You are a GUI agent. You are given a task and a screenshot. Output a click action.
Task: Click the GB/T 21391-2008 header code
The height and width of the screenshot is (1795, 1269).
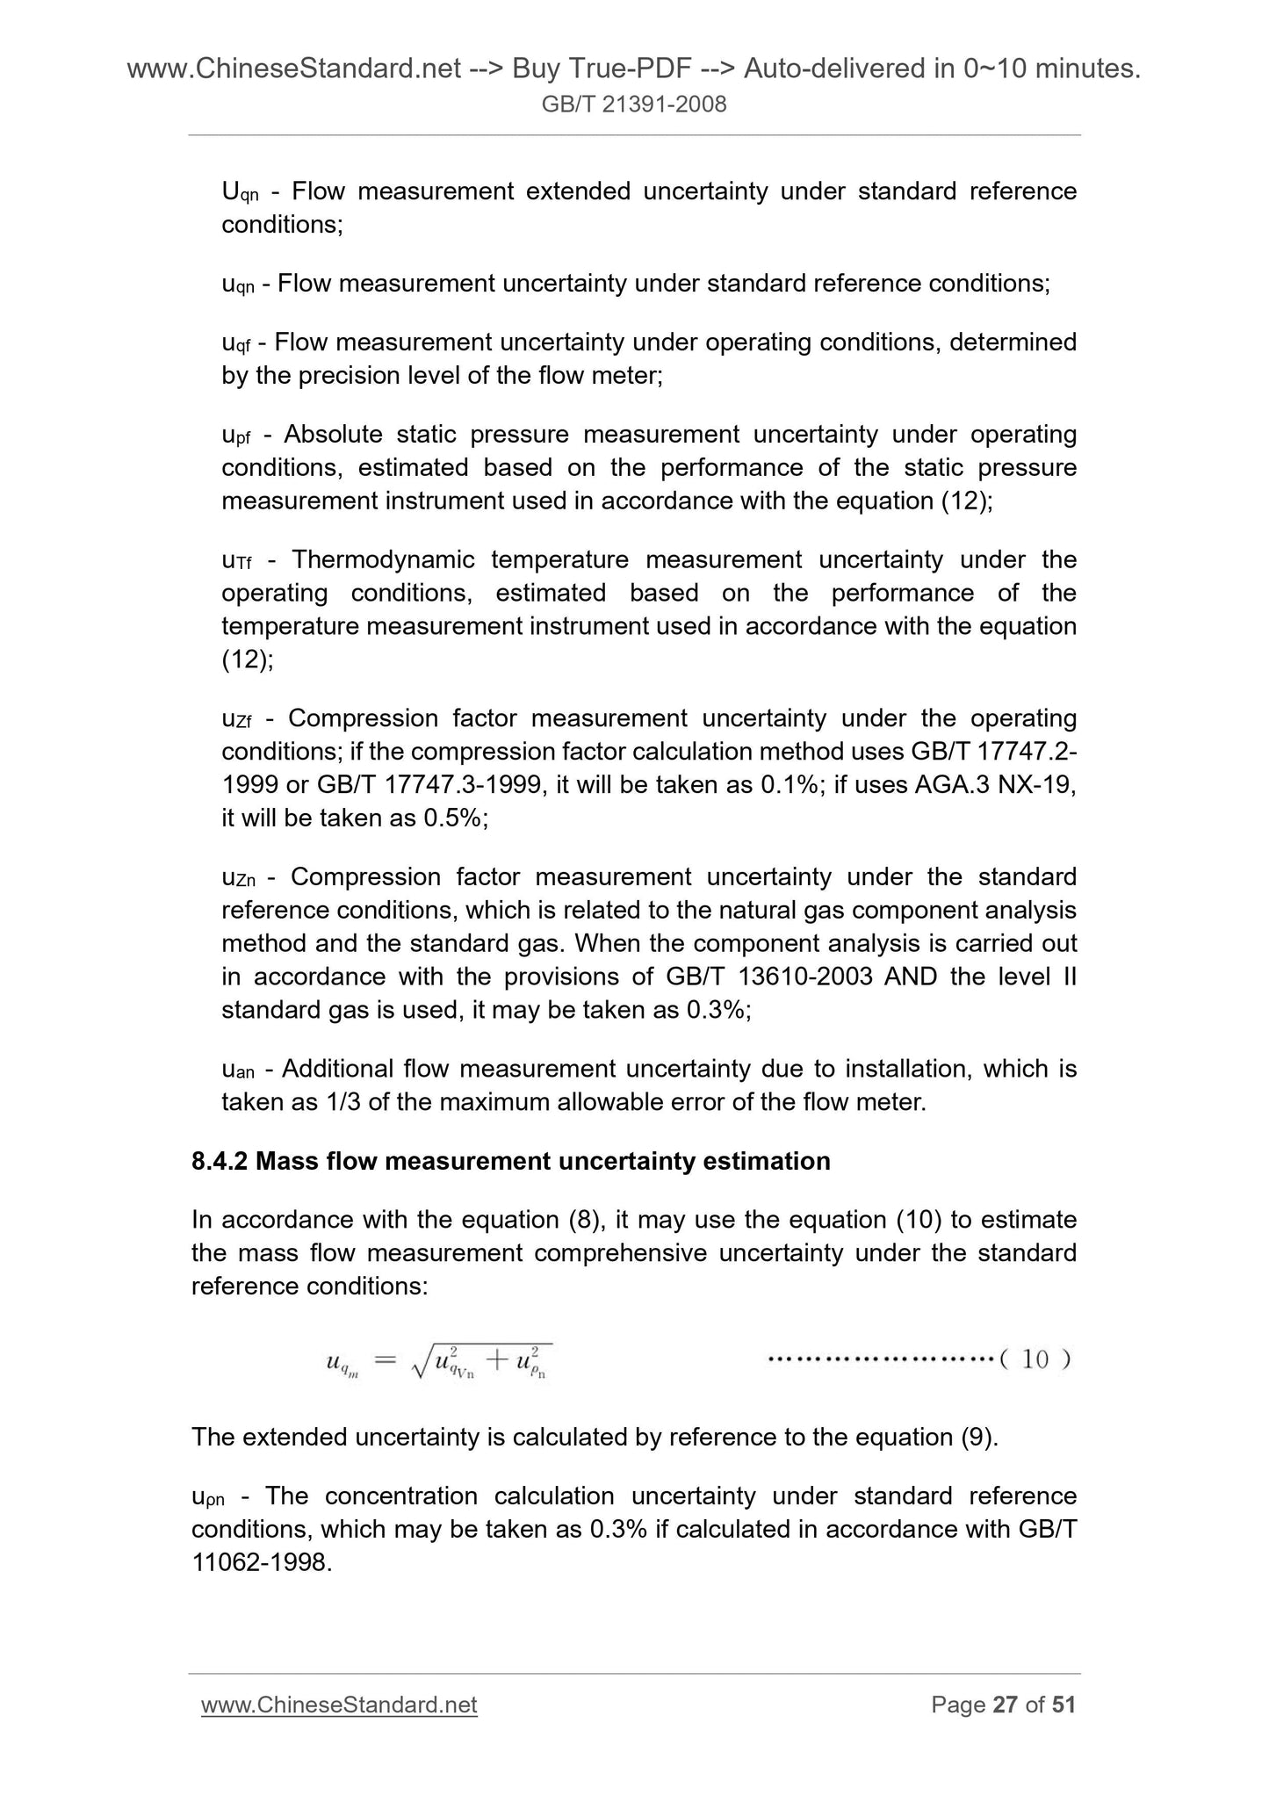[634, 105]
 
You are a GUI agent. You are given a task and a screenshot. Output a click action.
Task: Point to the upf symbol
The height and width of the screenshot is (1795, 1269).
[237, 436]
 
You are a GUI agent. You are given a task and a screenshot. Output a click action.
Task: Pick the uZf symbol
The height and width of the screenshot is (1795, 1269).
[238, 720]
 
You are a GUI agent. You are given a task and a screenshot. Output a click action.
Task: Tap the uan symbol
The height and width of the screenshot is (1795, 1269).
[238, 1070]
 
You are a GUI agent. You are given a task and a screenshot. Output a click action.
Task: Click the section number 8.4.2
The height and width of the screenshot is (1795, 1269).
[220, 1161]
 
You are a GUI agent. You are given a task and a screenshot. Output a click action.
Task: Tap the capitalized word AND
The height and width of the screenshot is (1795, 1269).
[911, 977]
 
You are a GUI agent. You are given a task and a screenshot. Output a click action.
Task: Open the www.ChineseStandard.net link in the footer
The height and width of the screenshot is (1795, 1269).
[339, 1705]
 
